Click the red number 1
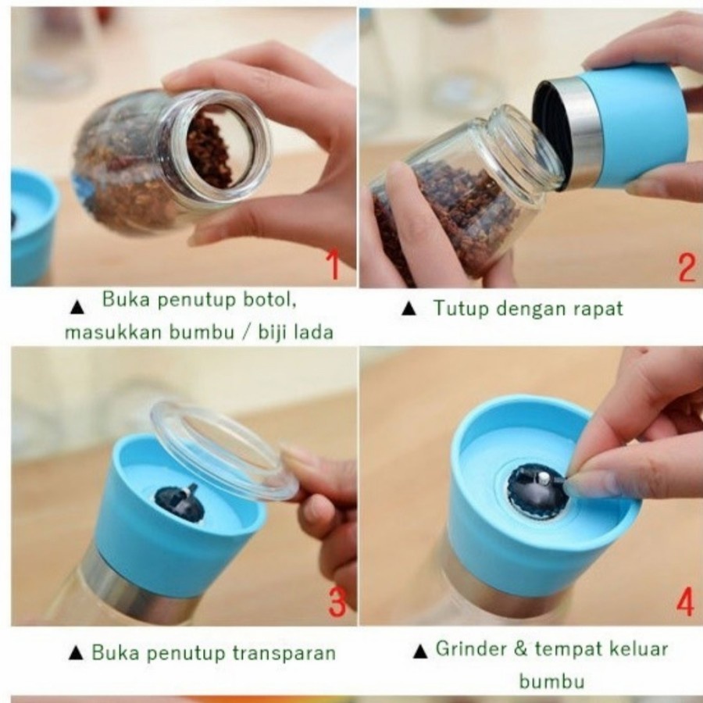pyautogui.click(x=334, y=265)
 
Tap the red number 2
pyautogui.click(x=686, y=268)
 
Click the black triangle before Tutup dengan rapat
pyautogui.click(x=409, y=309)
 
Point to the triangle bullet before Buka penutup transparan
pyautogui.click(x=76, y=653)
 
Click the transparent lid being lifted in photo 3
pyautogui.click(x=223, y=448)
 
